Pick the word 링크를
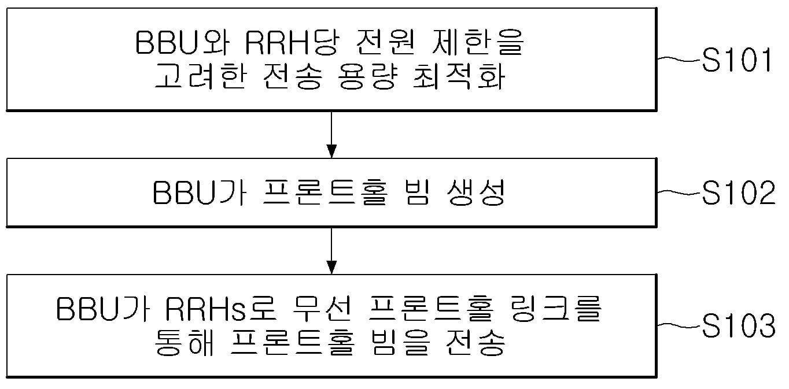coord(555,310)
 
